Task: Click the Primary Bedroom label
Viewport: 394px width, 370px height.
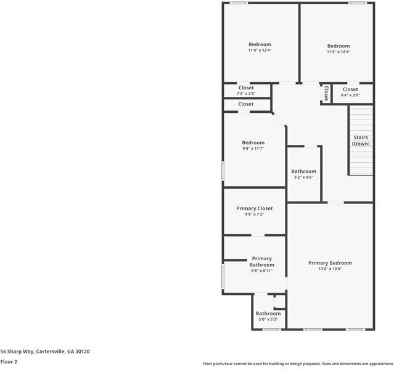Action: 330,263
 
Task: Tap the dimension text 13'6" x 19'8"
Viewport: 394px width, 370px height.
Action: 330,269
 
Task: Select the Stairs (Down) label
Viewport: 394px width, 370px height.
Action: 361,141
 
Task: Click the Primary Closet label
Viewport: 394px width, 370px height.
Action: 254,208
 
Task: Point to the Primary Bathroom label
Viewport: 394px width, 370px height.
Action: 261,261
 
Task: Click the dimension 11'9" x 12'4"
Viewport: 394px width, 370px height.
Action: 260,51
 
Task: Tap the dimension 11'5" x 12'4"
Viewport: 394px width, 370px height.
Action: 338,52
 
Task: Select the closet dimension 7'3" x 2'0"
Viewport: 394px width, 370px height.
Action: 246,94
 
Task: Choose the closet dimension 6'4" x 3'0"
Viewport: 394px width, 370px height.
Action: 350,95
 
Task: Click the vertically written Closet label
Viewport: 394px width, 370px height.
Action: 326,93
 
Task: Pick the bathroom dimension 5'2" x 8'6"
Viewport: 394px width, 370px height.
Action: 303,178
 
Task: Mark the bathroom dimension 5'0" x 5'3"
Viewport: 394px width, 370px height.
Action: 268,319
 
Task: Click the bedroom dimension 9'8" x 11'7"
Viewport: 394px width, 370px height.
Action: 253,149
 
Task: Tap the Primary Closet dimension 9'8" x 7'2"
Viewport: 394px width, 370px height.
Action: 254,215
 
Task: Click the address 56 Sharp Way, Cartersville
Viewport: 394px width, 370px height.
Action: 45,351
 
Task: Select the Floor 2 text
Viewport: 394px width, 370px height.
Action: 9,361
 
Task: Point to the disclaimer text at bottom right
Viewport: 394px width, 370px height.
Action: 298,363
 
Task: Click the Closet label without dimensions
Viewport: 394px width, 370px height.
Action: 246,104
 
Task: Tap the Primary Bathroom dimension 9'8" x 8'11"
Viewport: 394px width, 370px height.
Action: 261,270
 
